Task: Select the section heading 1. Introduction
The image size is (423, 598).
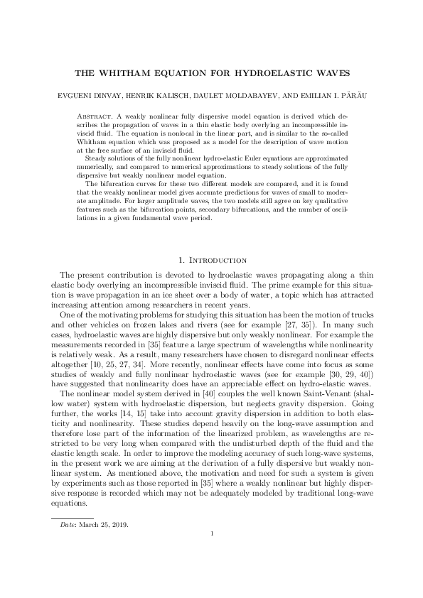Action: pyautogui.click(x=211, y=260)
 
